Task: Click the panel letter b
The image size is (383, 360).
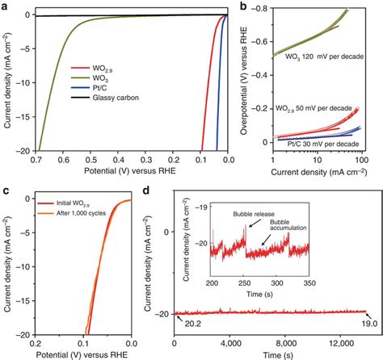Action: [x=243, y=6]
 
